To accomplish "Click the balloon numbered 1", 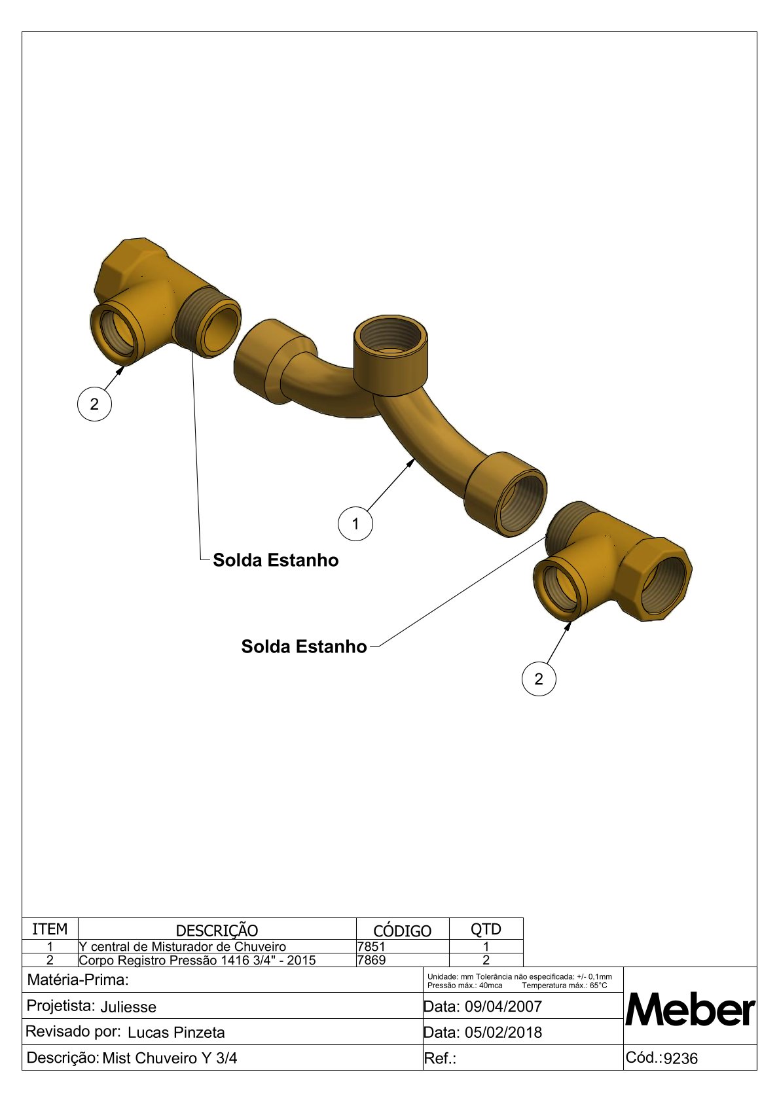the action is tap(355, 524).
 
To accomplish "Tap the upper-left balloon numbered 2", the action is tap(94, 404).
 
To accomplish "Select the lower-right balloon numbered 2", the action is tap(539, 679).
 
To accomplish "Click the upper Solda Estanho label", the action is tap(276, 560).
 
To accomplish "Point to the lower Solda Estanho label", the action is tap(304, 647).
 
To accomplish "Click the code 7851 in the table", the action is tap(372, 946).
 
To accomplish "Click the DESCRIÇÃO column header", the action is tap(217, 931).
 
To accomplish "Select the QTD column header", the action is tap(486, 929).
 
